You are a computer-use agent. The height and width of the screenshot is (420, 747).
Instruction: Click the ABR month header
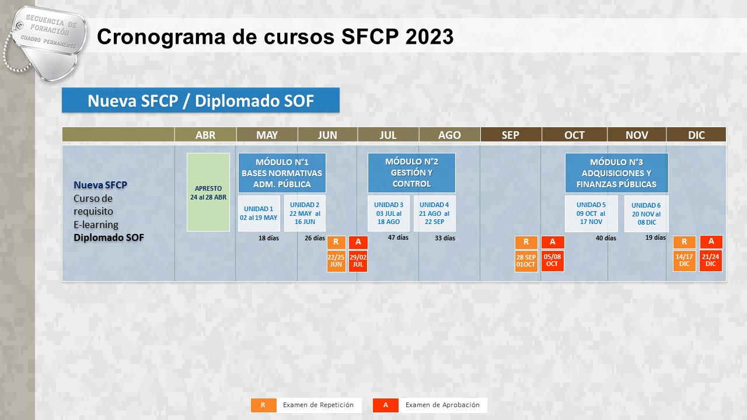(x=205, y=135)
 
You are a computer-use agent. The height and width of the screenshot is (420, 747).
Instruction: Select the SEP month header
(x=511, y=135)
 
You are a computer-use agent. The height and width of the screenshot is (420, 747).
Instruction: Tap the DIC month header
(x=696, y=135)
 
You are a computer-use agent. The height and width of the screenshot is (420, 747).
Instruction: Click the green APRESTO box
(x=208, y=192)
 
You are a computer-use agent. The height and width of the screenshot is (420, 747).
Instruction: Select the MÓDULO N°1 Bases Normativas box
(x=282, y=173)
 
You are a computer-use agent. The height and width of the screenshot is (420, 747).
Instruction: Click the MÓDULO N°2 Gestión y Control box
(x=411, y=173)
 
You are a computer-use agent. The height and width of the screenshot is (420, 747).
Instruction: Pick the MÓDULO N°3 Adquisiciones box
(x=617, y=173)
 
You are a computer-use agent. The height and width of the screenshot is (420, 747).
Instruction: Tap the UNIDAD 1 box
(x=259, y=213)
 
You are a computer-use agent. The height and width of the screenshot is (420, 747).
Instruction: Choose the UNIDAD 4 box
(x=435, y=213)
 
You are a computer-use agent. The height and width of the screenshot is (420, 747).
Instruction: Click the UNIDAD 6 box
(x=646, y=213)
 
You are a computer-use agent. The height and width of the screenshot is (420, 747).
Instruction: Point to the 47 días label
(x=398, y=237)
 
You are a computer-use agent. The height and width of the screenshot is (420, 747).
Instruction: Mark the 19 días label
(x=655, y=237)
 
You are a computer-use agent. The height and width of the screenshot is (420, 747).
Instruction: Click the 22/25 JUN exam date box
(x=336, y=261)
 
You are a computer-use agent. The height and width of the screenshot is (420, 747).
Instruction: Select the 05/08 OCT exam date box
(x=552, y=261)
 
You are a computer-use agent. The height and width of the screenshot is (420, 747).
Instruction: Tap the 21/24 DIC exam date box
(x=711, y=261)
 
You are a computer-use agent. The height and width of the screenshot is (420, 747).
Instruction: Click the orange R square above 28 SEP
(x=526, y=242)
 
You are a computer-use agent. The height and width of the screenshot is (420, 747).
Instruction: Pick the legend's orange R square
(x=263, y=405)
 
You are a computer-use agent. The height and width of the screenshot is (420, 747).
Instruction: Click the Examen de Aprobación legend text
(x=442, y=405)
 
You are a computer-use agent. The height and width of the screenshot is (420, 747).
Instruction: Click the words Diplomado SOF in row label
(x=109, y=237)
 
